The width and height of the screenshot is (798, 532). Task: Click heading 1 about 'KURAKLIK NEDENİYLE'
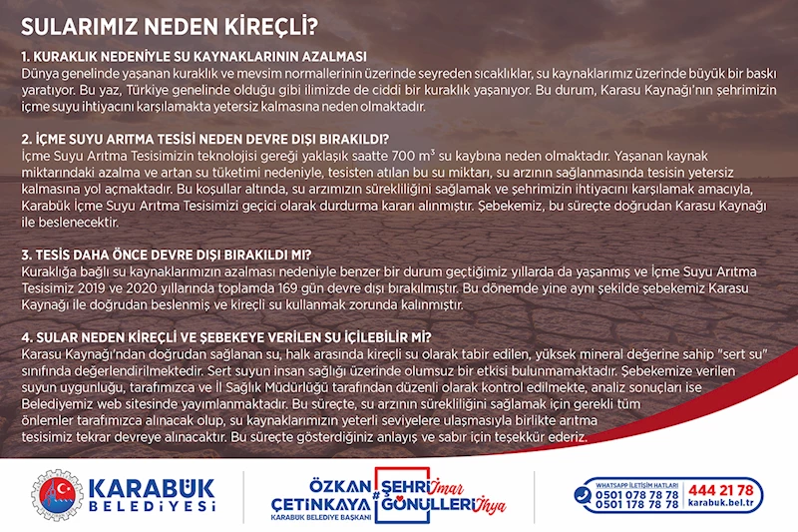194,55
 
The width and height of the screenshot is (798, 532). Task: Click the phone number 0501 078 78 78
636,494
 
